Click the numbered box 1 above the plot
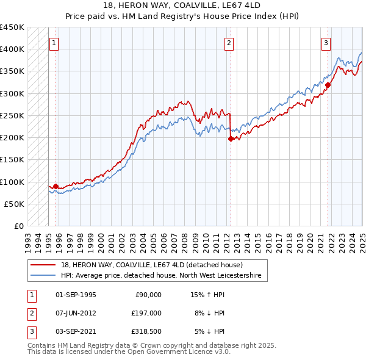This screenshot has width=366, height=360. [x=55, y=43]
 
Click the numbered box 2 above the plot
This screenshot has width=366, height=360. [x=229, y=43]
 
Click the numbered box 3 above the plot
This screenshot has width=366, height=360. [x=326, y=43]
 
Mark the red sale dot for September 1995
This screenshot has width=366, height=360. [x=56, y=186]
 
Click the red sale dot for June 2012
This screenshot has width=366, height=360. [x=231, y=139]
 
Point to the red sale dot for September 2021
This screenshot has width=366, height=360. [x=328, y=85]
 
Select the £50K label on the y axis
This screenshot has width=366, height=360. [x=15, y=204]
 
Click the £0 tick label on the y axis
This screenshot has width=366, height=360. [x=19, y=226]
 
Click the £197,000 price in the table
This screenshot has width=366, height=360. [x=146, y=312]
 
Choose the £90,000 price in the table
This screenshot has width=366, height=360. [x=148, y=294]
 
